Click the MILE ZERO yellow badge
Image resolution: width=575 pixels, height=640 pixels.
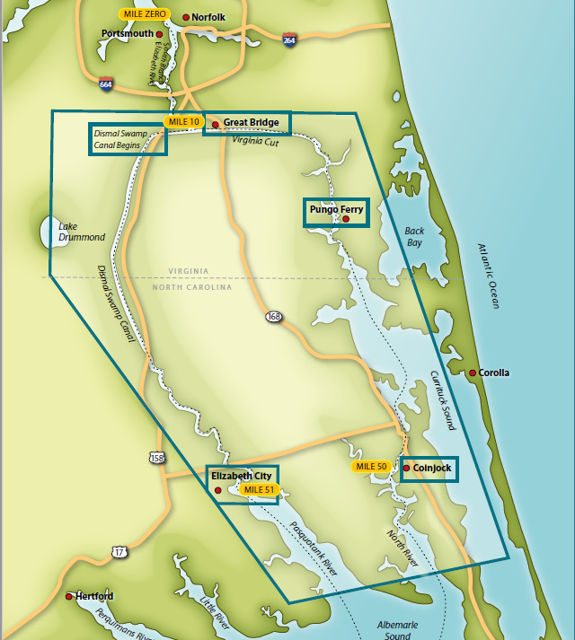[144, 15]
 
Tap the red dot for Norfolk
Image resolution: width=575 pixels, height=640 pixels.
[186, 17]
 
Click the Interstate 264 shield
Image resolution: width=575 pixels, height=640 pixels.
[288, 40]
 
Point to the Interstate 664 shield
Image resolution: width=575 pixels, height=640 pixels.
[106, 83]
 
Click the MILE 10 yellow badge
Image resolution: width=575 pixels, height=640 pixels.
[182, 121]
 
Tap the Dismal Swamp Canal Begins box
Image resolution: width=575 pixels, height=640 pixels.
[128, 139]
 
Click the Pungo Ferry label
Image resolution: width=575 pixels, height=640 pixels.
[336, 210]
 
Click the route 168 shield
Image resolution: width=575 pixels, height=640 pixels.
[273, 316]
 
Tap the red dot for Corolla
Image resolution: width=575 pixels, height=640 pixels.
[473, 373]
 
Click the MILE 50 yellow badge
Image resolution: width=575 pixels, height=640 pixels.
[371, 467]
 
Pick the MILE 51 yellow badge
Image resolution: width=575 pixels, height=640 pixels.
[259, 490]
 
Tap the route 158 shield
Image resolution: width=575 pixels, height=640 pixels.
[157, 459]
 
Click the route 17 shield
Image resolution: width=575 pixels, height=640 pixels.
[119, 551]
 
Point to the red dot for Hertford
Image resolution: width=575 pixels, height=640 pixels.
[69, 596]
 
